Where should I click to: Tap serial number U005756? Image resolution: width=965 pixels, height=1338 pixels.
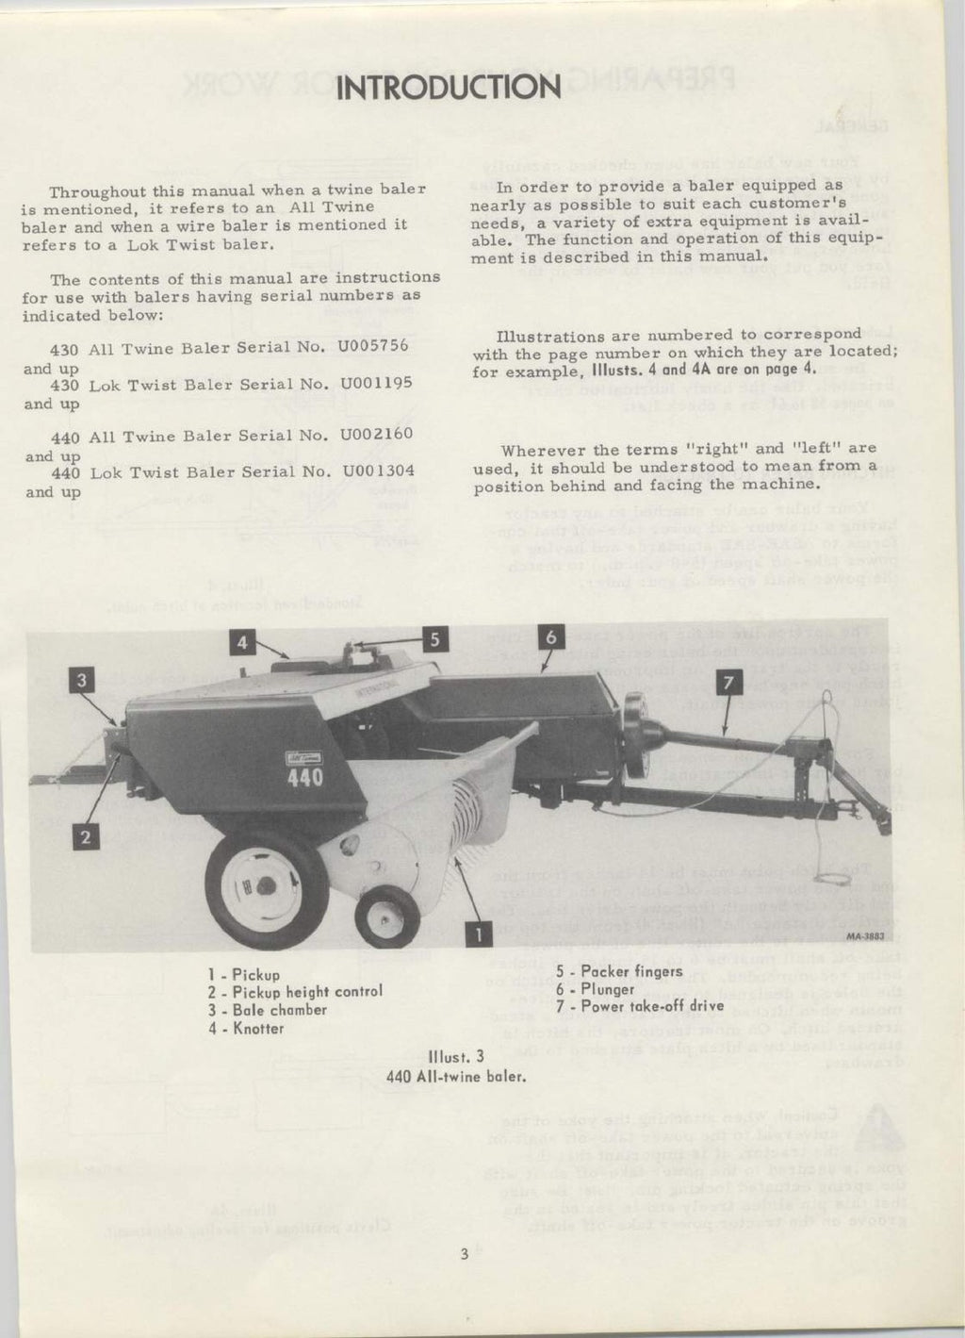pyautogui.click(x=373, y=345)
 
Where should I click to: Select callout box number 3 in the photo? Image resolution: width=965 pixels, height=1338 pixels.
pyautogui.click(x=84, y=679)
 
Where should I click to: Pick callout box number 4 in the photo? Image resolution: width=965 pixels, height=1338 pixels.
pyautogui.click(x=242, y=642)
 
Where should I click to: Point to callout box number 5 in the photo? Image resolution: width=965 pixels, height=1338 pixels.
pyautogui.click(x=433, y=639)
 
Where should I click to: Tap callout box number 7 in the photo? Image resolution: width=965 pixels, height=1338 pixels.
pyautogui.click(x=729, y=683)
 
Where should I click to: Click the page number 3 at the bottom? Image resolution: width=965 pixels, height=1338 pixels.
pyautogui.click(x=464, y=1254)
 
